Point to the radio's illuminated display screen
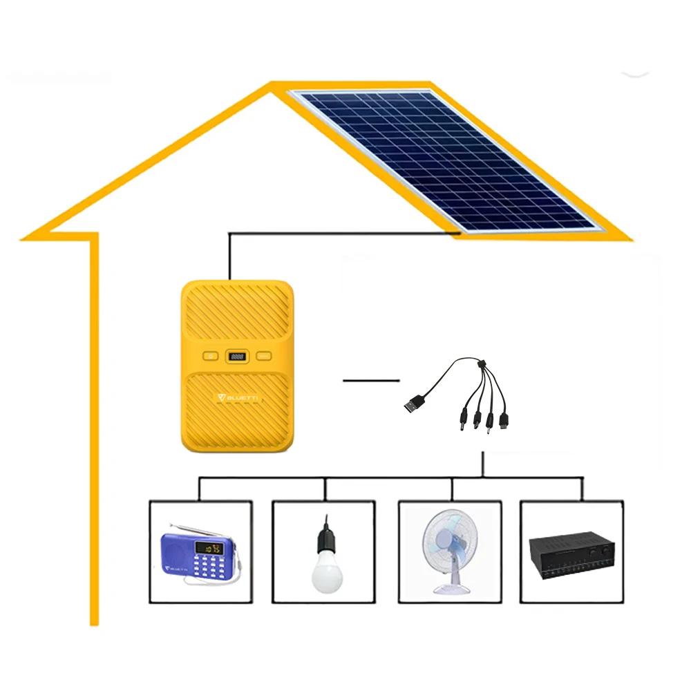[209, 549]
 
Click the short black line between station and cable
[371, 380]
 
